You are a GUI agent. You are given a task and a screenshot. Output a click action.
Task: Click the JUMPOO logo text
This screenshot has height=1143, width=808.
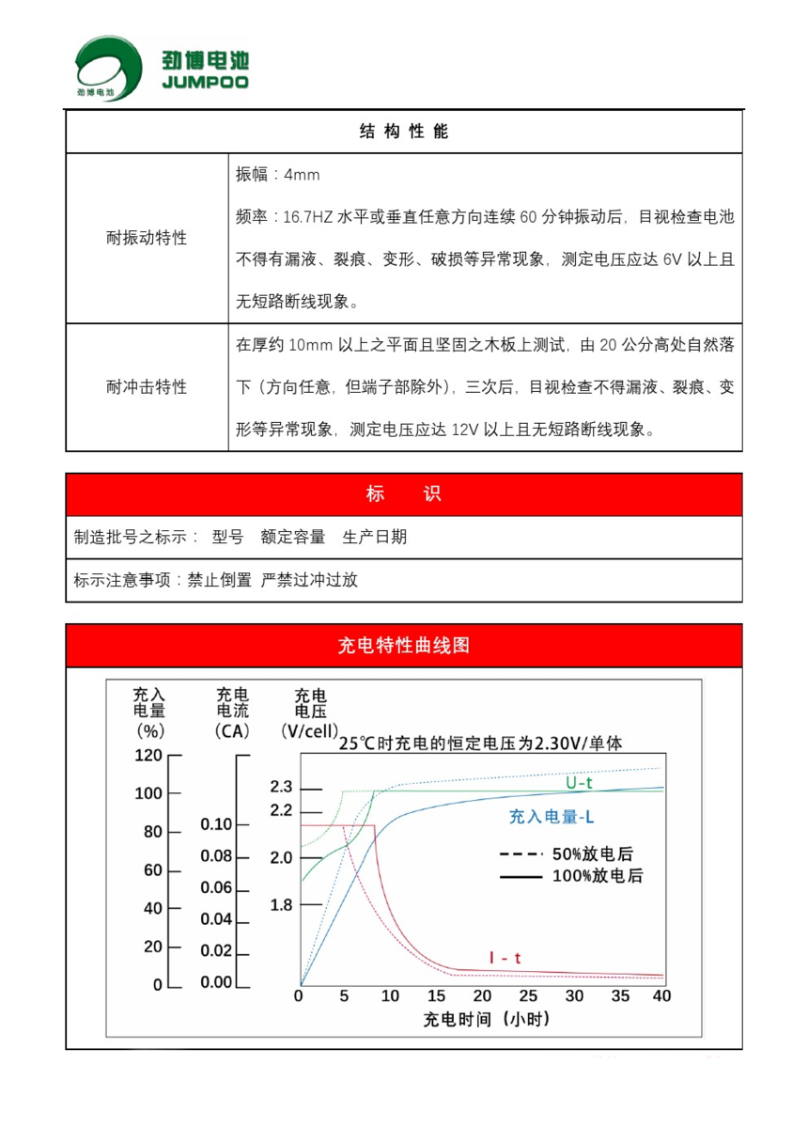click(x=204, y=83)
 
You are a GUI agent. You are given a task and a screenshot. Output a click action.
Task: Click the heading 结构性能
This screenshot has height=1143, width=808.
click(x=404, y=132)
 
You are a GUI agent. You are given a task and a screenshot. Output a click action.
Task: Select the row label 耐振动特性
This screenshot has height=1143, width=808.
click(x=147, y=238)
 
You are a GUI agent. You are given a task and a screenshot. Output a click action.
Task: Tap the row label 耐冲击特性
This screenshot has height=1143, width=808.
click(x=147, y=387)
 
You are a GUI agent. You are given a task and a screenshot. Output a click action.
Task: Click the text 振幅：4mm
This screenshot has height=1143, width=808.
click(x=278, y=175)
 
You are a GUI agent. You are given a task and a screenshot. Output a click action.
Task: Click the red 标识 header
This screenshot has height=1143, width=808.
click(x=404, y=494)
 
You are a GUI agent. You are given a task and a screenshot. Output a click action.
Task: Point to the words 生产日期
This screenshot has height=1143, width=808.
click(x=375, y=538)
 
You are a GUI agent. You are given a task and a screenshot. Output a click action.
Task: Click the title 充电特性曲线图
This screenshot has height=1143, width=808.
click(x=404, y=646)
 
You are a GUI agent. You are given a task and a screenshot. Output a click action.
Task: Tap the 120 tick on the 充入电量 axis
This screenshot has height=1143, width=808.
click(x=150, y=755)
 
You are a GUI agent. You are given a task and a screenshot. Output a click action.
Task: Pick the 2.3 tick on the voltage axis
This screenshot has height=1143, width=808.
click(x=282, y=788)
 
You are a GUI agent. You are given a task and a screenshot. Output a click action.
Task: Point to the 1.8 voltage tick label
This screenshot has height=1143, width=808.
click(x=282, y=905)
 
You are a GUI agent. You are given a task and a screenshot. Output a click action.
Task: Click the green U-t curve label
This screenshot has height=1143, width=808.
click(x=579, y=782)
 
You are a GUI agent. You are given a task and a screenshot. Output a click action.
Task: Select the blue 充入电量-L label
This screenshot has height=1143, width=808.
click(x=552, y=818)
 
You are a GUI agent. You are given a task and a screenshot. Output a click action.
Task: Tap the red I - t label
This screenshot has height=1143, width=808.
click(x=505, y=958)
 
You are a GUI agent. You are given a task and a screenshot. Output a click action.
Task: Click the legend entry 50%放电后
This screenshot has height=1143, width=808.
click(x=592, y=854)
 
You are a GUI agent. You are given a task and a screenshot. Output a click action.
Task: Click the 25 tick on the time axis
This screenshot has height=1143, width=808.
click(x=528, y=996)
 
